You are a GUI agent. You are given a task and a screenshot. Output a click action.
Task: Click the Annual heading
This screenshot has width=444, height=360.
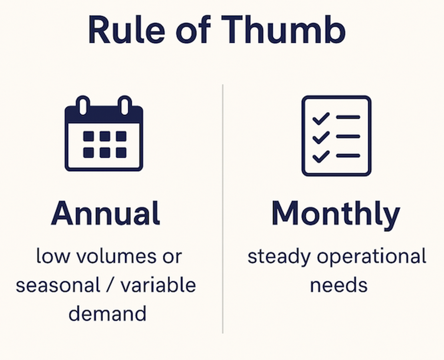pyautogui.click(x=106, y=213)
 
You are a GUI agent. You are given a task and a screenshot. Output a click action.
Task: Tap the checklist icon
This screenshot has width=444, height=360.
pyautogui.click(x=336, y=136)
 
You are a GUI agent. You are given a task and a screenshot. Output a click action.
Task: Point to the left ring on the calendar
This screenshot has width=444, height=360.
pyautogui.click(x=83, y=105)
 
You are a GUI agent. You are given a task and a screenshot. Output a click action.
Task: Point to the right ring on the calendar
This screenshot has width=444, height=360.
pyautogui.click(x=125, y=105)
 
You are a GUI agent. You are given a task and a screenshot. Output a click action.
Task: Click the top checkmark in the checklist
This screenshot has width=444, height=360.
pyautogui.click(x=321, y=118)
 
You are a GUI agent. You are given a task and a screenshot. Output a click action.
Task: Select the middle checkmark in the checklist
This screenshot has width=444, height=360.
pyautogui.click(x=321, y=137)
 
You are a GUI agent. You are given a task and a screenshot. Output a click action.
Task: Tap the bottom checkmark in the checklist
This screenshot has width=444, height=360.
pyautogui.click(x=321, y=156)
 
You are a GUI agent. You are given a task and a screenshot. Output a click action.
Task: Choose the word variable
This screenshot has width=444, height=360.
pyautogui.click(x=158, y=285)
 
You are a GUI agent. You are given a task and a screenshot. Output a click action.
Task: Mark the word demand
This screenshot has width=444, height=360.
pyautogui.click(x=107, y=314)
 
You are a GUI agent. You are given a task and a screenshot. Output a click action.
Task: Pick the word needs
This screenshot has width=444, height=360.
pyautogui.click(x=339, y=285)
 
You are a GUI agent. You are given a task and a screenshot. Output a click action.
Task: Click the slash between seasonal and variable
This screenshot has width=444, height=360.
pyautogui.click(x=110, y=285)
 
